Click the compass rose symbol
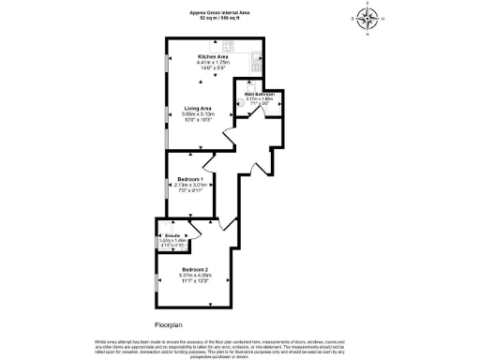point(367,19)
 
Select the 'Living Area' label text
point(197,108)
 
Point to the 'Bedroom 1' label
point(189,177)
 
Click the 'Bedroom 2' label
point(197,269)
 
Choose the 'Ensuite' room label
point(172,235)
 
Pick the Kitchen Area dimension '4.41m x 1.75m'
point(212,63)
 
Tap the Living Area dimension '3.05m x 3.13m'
point(197,113)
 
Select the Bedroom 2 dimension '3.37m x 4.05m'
point(197,275)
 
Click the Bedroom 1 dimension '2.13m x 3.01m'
point(189,184)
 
